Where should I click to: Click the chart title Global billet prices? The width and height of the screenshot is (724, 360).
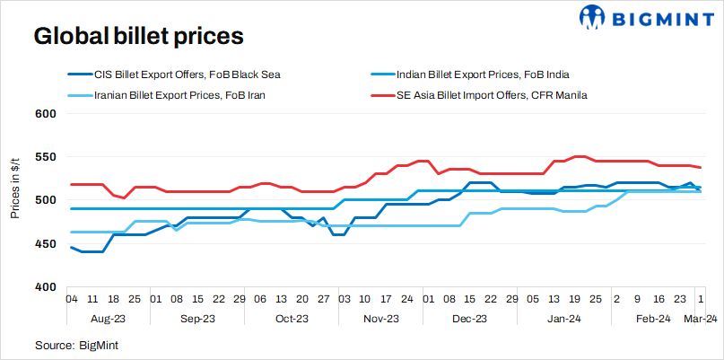[x=138, y=38]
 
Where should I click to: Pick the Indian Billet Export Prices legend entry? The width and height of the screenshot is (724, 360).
[x=484, y=75]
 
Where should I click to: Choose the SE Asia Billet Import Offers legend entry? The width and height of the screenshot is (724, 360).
[x=492, y=93]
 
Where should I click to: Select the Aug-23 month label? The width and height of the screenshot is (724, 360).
[x=108, y=319]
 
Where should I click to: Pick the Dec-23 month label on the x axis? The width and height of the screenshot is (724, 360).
[x=469, y=319]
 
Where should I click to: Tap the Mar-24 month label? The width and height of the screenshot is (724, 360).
[x=700, y=319]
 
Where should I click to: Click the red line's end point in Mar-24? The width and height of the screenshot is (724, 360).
[x=700, y=168]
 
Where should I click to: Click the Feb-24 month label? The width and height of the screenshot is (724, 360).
[x=652, y=319]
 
